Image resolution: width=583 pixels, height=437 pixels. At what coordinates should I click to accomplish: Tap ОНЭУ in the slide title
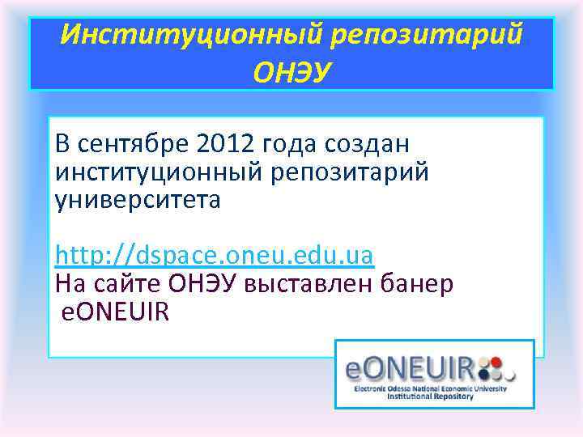pyautogui.click(x=291, y=74)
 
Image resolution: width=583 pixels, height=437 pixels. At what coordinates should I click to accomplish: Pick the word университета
pyautogui.click(x=137, y=199)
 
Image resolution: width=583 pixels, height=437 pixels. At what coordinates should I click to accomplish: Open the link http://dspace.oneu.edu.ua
pyautogui.click(x=214, y=256)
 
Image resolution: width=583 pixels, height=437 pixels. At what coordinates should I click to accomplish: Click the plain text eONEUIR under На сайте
pyautogui.click(x=116, y=312)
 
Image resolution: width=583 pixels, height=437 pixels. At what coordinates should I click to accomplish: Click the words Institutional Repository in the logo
pyautogui.click(x=429, y=397)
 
